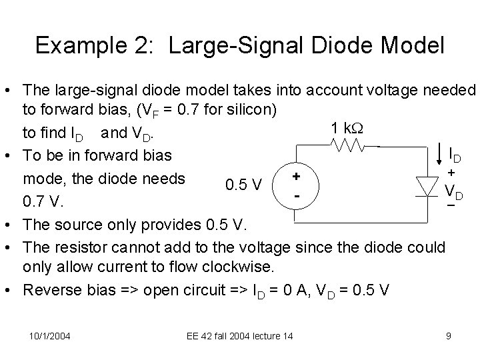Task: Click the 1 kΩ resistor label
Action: coord(343,127)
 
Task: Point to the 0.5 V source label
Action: coord(247,183)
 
